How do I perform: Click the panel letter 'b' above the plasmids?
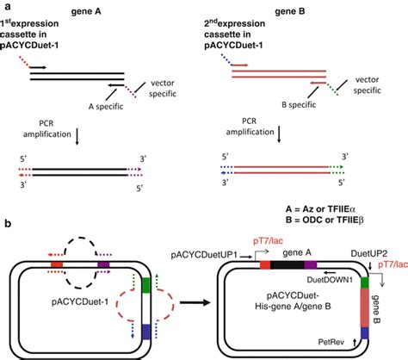(7, 223)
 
